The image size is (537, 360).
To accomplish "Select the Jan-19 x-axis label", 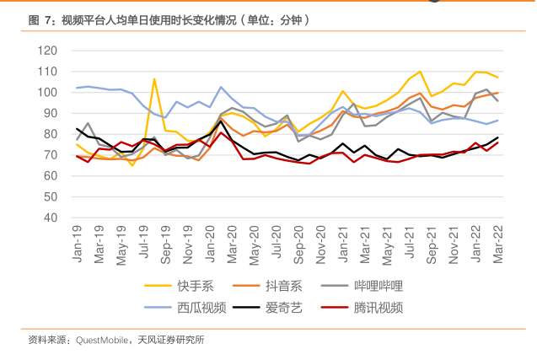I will click(78, 244).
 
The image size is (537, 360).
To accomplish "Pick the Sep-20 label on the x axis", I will click(299, 244).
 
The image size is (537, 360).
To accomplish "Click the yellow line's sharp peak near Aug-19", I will click(154, 79).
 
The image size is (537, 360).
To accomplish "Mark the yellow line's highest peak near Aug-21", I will click(421, 72).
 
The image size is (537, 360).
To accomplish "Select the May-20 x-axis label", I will click(253, 244).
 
